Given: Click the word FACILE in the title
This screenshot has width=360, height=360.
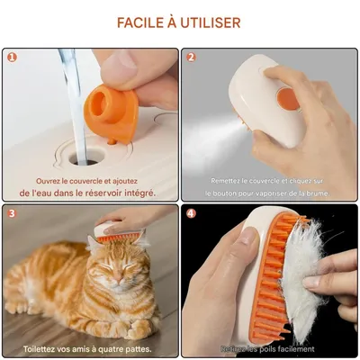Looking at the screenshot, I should tap(143, 22).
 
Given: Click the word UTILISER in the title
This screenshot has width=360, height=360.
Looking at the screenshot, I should tap(212, 22).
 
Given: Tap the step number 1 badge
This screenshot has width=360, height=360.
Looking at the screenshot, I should tap(12, 57).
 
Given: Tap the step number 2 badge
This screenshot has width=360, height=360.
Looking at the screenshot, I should tap(191, 57).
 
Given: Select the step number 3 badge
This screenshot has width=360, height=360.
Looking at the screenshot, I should tap(12, 213).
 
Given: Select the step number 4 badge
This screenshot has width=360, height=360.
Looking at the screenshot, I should tap(191, 213).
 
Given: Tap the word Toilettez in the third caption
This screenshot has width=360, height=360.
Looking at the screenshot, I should tap(42, 348).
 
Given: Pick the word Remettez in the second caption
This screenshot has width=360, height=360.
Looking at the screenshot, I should tap(227, 180).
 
